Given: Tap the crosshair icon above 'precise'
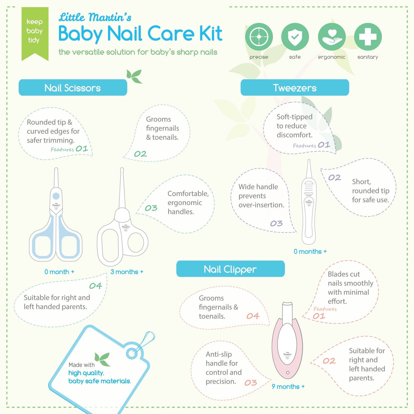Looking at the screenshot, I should pos(259,37).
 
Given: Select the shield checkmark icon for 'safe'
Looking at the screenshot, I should pos(295,37).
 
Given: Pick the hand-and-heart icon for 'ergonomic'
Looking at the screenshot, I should pos(331,37).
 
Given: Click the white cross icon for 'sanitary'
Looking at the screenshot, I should pos(368,37).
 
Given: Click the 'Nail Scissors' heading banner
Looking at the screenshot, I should pos(73,88).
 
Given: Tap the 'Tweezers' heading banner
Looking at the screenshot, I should pos(295,88).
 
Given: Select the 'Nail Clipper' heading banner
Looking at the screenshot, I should pos(230,269).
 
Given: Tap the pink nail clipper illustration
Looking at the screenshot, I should pos(287,341).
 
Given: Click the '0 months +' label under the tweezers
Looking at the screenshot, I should pos(310,252).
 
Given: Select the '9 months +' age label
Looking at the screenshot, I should pos(288,387).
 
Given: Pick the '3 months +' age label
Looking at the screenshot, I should pos(127,272).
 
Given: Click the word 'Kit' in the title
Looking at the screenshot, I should pos(211,34).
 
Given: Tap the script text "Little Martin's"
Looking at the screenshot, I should pos(95,17).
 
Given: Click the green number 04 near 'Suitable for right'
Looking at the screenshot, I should pos(95,286).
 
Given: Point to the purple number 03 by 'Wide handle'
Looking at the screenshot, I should pos(276,223).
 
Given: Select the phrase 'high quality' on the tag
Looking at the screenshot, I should pos(86,373).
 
